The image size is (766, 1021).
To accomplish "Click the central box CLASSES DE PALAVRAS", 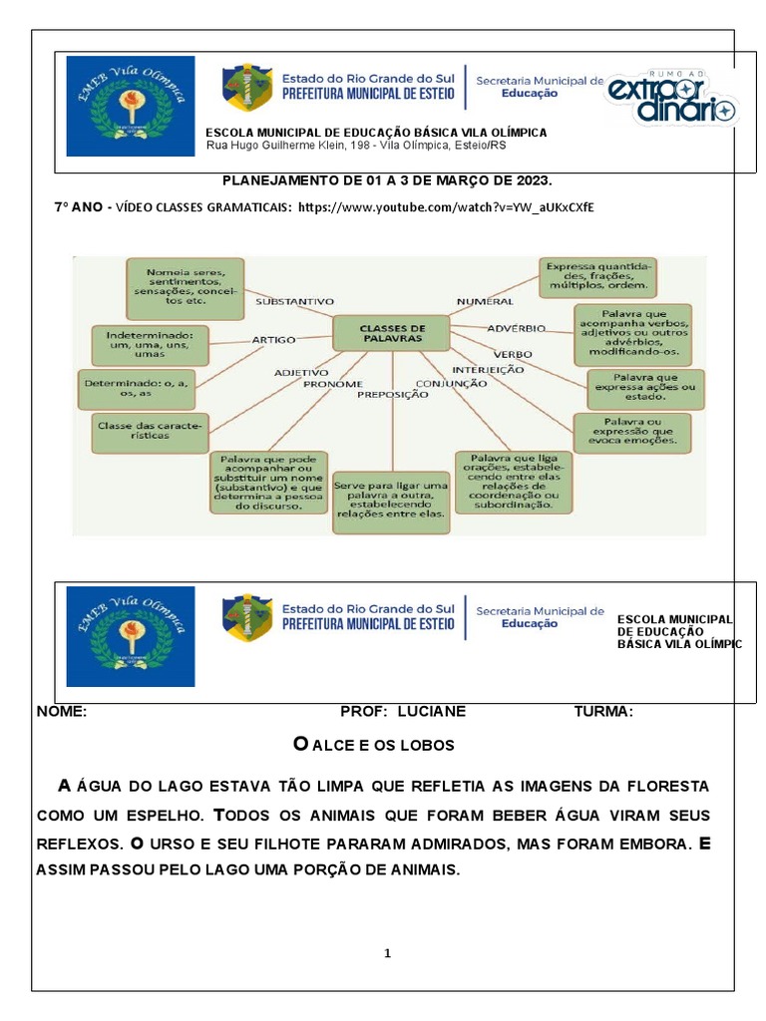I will click(x=391, y=332).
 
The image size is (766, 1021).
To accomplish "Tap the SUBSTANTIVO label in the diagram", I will click(x=294, y=300).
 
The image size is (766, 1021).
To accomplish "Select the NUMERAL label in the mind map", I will click(x=485, y=300).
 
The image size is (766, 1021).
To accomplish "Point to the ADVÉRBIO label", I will click(x=516, y=327).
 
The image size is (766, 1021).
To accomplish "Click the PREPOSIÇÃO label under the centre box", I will click(x=393, y=394).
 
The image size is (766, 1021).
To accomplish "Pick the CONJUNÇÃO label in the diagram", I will click(x=444, y=383).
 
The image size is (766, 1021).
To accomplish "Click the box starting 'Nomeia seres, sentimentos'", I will click(x=185, y=285).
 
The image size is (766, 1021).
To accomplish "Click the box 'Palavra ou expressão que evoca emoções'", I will click(x=632, y=432).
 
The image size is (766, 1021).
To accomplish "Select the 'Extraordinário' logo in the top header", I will click(x=671, y=97).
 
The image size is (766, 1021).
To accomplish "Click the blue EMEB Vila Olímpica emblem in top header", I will click(x=131, y=107).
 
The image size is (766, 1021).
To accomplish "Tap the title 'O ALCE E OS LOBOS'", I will click(x=373, y=745).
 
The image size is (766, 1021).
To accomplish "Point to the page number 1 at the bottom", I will click(x=388, y=953).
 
